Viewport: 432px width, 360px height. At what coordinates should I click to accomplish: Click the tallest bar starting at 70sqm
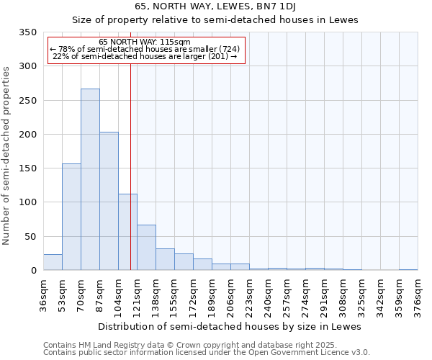[x=90, y=180]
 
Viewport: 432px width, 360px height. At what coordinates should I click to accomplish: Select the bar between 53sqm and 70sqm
[x=71, y=217]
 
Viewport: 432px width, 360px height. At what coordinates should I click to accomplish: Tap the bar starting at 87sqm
[x=109, y=202]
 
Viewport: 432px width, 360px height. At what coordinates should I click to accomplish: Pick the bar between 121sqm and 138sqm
[x=146, y=248]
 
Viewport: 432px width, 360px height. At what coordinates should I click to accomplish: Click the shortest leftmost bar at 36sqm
[x=53, y=263]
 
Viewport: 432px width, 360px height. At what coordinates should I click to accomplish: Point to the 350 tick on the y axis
[x=27, y=32]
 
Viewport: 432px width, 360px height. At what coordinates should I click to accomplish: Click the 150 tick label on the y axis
[x=27, y=168]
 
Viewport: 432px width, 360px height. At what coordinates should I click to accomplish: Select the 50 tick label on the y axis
[x=30, y=236]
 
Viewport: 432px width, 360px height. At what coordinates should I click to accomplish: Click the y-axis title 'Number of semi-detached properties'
[x=7, y=155]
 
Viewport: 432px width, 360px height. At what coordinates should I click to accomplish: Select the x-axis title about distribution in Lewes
[x=229, y=326]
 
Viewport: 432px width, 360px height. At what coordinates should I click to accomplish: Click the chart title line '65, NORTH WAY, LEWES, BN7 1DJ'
[x=215, y=6]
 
